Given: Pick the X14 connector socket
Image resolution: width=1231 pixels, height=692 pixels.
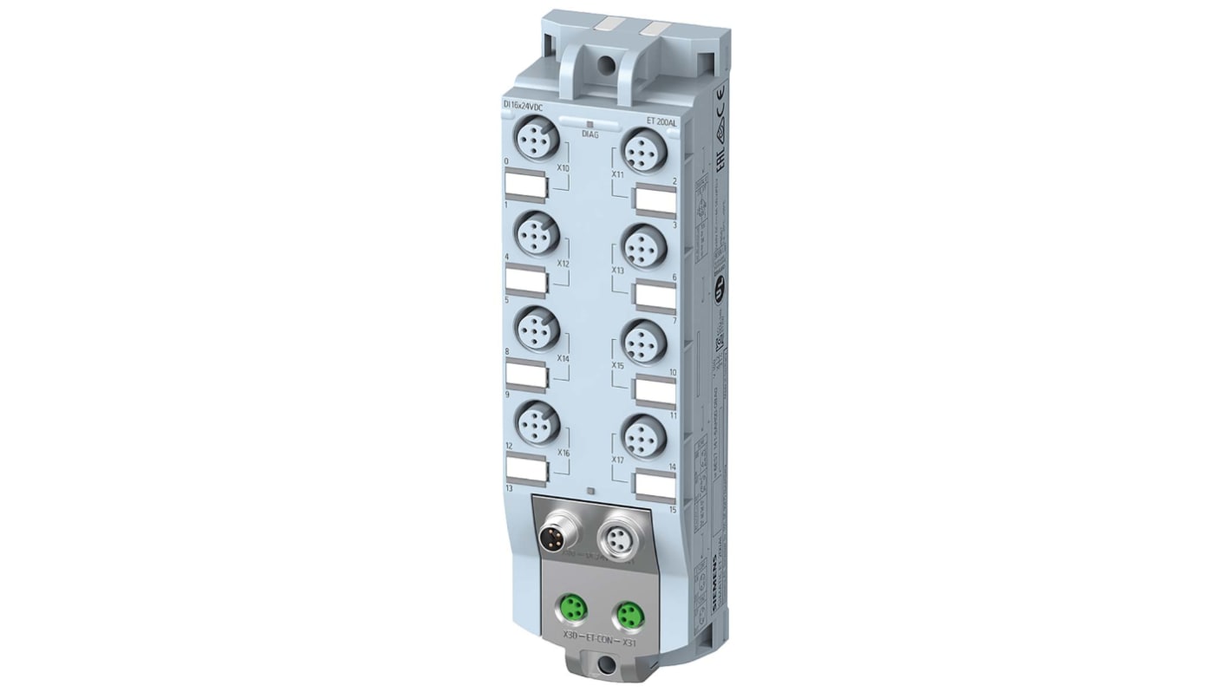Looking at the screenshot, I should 536,329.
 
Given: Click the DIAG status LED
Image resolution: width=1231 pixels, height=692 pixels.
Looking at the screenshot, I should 589,125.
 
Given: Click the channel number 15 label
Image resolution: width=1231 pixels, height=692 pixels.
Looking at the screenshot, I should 672,509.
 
